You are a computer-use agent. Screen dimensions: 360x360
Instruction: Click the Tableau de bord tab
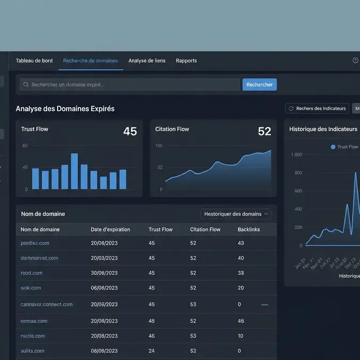point(34,61)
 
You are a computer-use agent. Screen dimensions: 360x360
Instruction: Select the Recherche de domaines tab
point(90,61)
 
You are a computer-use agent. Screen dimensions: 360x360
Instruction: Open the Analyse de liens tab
point(147,61)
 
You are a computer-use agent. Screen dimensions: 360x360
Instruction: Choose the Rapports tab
point(186,61)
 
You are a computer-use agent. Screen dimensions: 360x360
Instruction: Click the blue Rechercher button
point(259,85)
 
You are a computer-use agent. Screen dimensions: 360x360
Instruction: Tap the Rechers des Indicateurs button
point(317,108)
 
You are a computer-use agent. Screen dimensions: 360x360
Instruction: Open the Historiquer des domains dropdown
point(236,214)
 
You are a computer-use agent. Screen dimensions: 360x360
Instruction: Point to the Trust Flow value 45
point(130,131)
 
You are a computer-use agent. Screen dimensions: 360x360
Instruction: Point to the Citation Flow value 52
point(264,131)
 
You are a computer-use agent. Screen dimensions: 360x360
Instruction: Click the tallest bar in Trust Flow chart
point(74,171)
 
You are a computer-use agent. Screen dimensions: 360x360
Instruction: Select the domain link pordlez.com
point(35,243)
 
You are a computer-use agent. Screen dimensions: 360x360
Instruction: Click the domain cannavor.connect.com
point(46,305)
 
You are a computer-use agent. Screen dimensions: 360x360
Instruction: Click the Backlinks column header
point(248,229)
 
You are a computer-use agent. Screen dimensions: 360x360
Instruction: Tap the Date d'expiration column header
point(110,229)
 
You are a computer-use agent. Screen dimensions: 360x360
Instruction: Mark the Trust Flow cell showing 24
point(151,351)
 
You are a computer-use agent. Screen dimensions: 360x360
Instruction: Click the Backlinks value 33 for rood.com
point(241,273)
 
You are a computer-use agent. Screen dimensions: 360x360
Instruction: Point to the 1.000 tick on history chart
point(296,155)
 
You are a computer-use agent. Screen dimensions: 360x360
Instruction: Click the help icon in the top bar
point(355,61)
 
